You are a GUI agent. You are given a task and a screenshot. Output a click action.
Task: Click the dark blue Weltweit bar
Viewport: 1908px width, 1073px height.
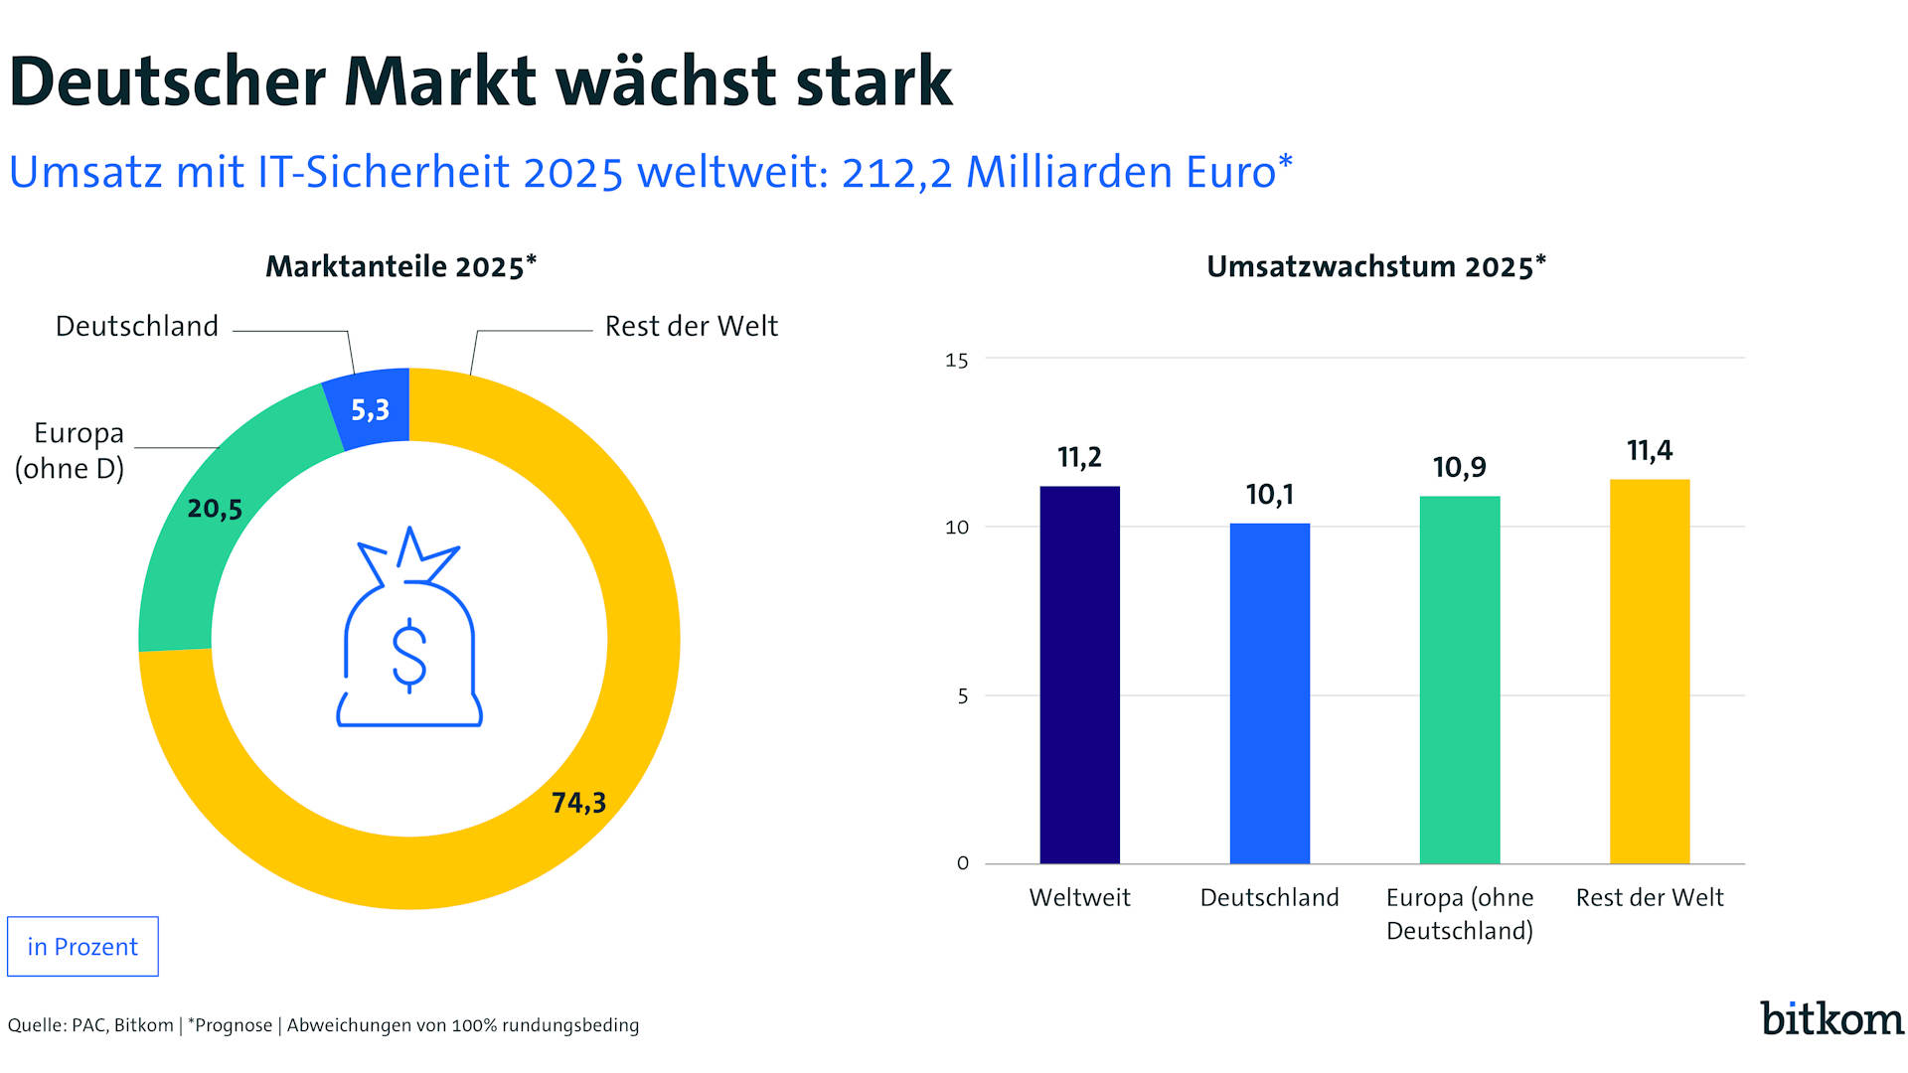click(1079, 676)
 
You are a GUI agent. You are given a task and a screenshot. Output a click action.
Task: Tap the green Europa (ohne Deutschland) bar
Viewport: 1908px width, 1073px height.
click(1459, 681)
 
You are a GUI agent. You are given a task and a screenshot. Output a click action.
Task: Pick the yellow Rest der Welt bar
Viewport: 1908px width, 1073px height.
click(1650, 672)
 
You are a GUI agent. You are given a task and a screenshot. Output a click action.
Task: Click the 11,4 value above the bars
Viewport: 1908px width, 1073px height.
click(1650, 451)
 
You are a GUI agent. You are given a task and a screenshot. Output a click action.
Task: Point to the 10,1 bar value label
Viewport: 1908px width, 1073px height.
click(1269, 495)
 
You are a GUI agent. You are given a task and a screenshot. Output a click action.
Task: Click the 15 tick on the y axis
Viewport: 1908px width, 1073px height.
click(956, 361)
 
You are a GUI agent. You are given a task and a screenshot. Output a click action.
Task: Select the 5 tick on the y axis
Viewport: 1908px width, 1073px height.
click(962, 696)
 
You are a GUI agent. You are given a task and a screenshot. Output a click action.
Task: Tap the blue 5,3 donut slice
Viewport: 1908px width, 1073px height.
click(370, 409)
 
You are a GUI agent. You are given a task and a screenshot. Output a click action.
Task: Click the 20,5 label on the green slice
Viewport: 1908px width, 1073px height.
click(215, 509)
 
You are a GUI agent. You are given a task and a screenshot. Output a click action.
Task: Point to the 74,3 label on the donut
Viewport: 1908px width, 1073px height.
click(578, 802)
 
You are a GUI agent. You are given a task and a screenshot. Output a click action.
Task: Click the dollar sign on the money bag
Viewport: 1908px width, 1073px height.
click(409, 655)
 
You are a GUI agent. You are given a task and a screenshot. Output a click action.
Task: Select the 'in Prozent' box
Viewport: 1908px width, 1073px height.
click(82, 947)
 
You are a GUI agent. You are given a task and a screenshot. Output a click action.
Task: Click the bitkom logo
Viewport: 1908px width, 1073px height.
click(1831, 1019)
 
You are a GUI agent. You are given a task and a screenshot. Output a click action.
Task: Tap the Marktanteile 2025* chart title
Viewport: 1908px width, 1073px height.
click(400, 266)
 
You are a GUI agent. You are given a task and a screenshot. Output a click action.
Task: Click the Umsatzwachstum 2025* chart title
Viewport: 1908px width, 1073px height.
click(1376, 266)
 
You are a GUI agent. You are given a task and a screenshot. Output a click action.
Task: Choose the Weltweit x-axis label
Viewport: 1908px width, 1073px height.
click(1079, 897)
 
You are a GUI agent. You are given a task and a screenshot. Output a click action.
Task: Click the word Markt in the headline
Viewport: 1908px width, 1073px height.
click(440, 81)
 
